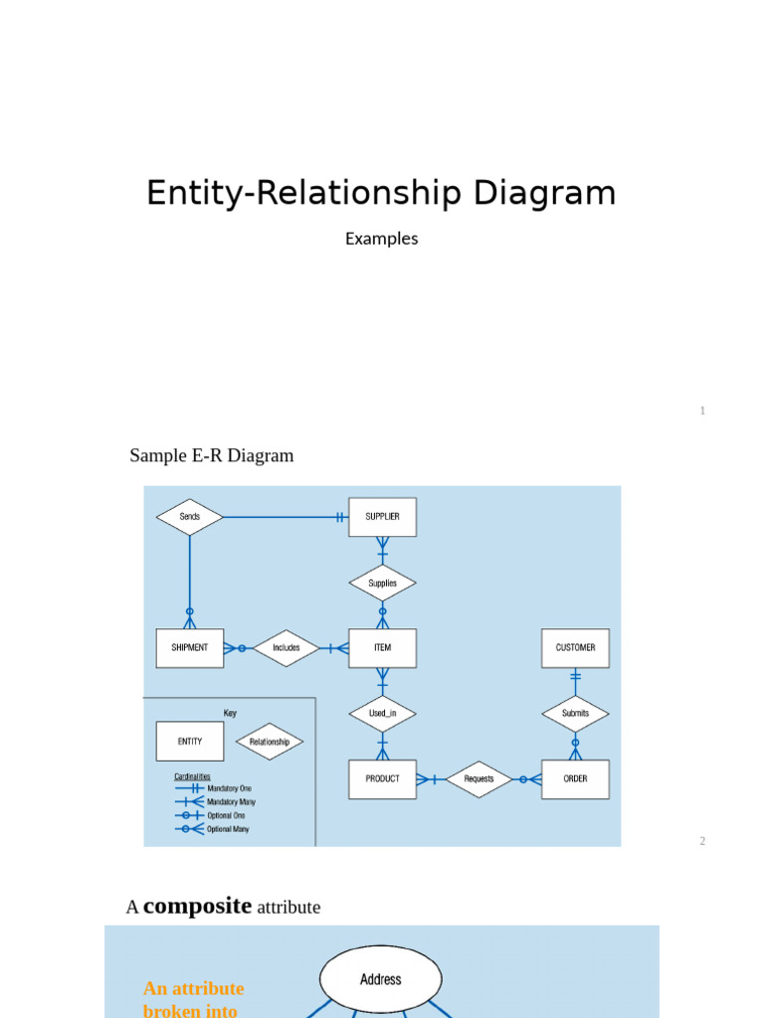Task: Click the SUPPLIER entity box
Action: (x=382, y=517)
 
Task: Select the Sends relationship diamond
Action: (x=190, y=517)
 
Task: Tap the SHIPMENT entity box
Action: (x=190, y=647)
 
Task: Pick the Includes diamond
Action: (x=286, y=647)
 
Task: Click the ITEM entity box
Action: (x=382, y=647)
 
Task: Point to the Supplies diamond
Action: (x=382, y=584)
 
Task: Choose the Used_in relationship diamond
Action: (x=382, y=713)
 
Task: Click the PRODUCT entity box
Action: (x=382, y=779)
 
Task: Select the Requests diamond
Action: (x=478, y=779)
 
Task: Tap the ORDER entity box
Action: (x=575, y=779)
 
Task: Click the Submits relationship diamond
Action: (x=575, y=713)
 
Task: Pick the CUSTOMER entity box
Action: (x=575, y=647)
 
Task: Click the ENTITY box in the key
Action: (x=190, y=742)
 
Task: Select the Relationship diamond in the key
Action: (x=270, y=742)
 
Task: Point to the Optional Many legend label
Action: (x=228, y=829)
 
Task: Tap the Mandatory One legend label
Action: (x=229, y=788)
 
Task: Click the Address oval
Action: (x=381, y=979)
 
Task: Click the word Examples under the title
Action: (x=381, y=239)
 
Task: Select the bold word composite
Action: (x=197, y=906)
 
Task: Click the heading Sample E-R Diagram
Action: (x=212, y=455)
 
